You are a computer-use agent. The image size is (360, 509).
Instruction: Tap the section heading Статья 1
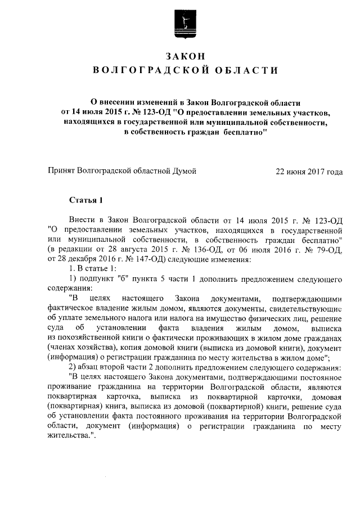85,200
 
